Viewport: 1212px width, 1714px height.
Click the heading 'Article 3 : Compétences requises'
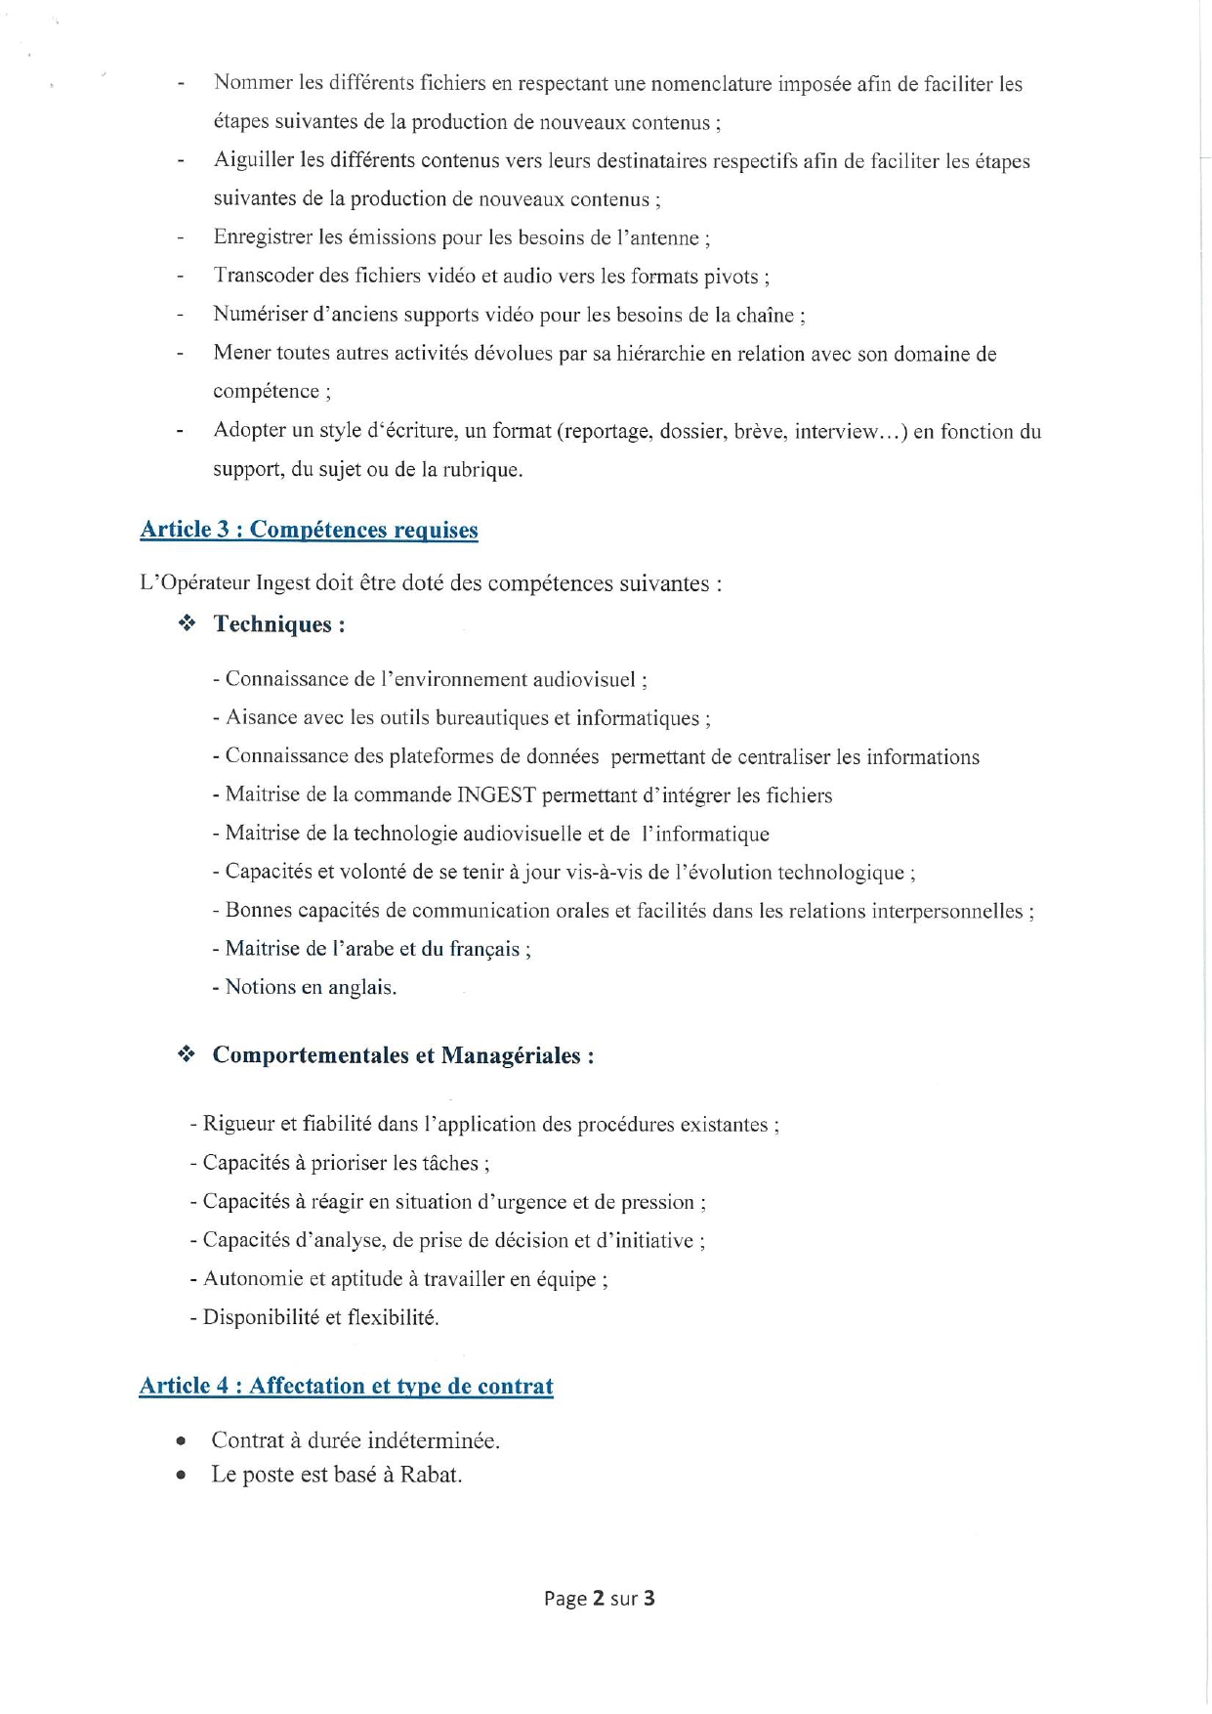309,530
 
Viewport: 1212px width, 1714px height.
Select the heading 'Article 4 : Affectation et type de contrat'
346,1386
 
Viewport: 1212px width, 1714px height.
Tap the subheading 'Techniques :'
279,624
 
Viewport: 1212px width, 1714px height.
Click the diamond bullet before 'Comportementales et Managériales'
187,1054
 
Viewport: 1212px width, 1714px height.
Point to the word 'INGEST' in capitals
496,795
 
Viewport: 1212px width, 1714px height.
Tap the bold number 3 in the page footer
648,1598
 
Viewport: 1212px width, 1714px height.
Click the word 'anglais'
361,988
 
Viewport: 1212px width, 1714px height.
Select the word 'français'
484,949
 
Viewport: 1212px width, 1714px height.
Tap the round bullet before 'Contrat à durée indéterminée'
181,1441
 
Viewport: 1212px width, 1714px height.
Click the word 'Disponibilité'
261,1317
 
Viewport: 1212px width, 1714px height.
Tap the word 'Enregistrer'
263,237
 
